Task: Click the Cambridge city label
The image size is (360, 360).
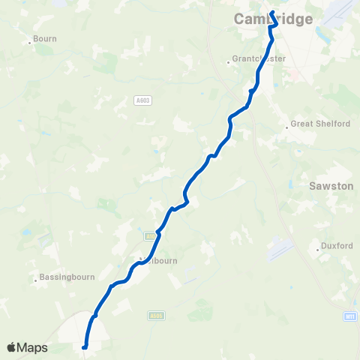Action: [x=273, y=19]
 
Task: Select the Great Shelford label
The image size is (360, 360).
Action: [x=320, y=124]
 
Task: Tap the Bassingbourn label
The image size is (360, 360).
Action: [x=67, y=277]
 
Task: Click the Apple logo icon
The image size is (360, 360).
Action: [x=11, y=348]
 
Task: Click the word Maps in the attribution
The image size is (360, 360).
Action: [x=32, y=348]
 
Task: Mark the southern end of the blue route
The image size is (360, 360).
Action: [x=84, y=346]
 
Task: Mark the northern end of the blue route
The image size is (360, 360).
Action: [x=272, y=13]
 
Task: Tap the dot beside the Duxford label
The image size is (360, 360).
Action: [x=318, y=245]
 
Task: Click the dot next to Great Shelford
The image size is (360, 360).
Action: [x=286, y=127]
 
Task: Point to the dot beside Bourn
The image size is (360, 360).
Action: [x=30, y=42]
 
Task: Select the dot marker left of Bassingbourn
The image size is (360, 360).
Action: [x=35, y=281]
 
